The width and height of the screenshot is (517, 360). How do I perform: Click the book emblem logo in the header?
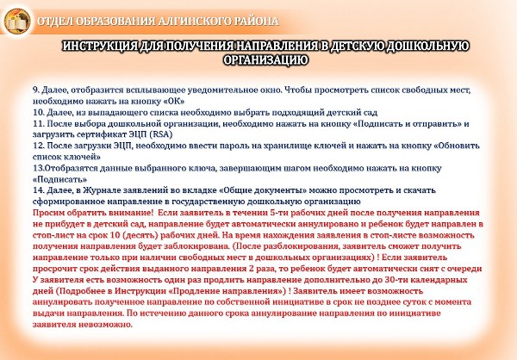point(17,22)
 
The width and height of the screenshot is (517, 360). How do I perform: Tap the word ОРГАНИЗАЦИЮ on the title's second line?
point(265,60)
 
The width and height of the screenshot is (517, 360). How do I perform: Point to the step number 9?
point(36,90)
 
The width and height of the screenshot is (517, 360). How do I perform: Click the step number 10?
point(38,113)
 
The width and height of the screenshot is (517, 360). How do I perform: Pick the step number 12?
point(38,146)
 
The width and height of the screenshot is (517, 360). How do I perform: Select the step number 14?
point(38,190)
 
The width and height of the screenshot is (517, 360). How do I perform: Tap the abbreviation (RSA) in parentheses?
point(161,134)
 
